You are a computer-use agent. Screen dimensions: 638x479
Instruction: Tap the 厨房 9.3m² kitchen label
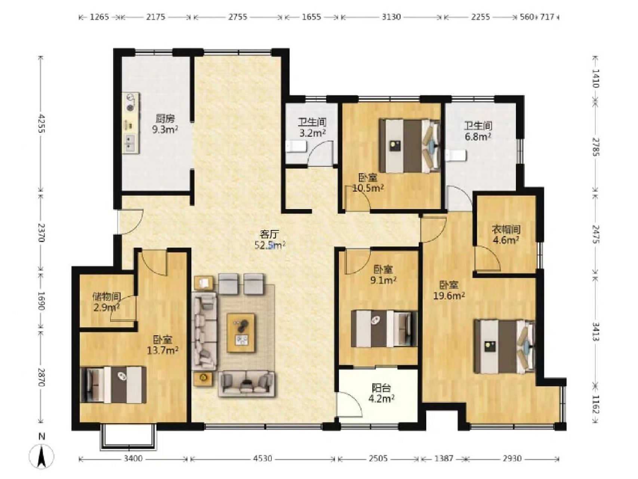(165, 124)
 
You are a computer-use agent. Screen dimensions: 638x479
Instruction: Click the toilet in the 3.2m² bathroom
(296, 147)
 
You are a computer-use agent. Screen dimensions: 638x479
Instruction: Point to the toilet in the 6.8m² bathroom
(456, 155)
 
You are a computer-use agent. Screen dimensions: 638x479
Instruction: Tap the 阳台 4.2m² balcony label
(382, 393)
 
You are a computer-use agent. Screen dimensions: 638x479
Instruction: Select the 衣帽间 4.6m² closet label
(506, 235)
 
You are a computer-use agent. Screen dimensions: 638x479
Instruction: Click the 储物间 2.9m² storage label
(107, 302)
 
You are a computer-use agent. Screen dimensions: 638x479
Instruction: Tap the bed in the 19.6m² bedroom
(505, 346)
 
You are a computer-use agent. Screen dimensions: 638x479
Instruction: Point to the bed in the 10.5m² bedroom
(410, 146)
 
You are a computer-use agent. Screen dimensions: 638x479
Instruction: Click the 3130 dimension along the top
(391, 17)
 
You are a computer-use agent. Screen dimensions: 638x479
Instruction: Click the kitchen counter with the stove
(131, 123)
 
